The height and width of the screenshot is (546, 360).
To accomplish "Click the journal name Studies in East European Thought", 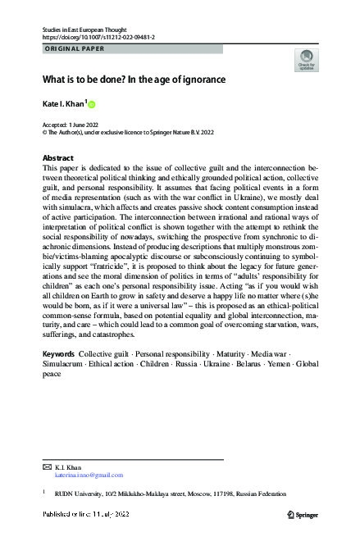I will point(91,29).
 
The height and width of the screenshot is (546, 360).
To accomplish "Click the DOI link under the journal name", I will point(98,38).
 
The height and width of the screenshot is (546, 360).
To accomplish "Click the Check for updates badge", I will point(305,62).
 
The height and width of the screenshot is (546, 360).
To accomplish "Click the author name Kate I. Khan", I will point(64,104).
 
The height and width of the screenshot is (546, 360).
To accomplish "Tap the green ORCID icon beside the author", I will point(92,104).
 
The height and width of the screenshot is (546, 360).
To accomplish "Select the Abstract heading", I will point(58,157).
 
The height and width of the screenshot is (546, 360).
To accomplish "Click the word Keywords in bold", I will point(58,353).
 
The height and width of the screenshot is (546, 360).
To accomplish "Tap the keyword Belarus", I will point(226,363).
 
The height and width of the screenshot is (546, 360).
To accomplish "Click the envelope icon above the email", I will point(46,466).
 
